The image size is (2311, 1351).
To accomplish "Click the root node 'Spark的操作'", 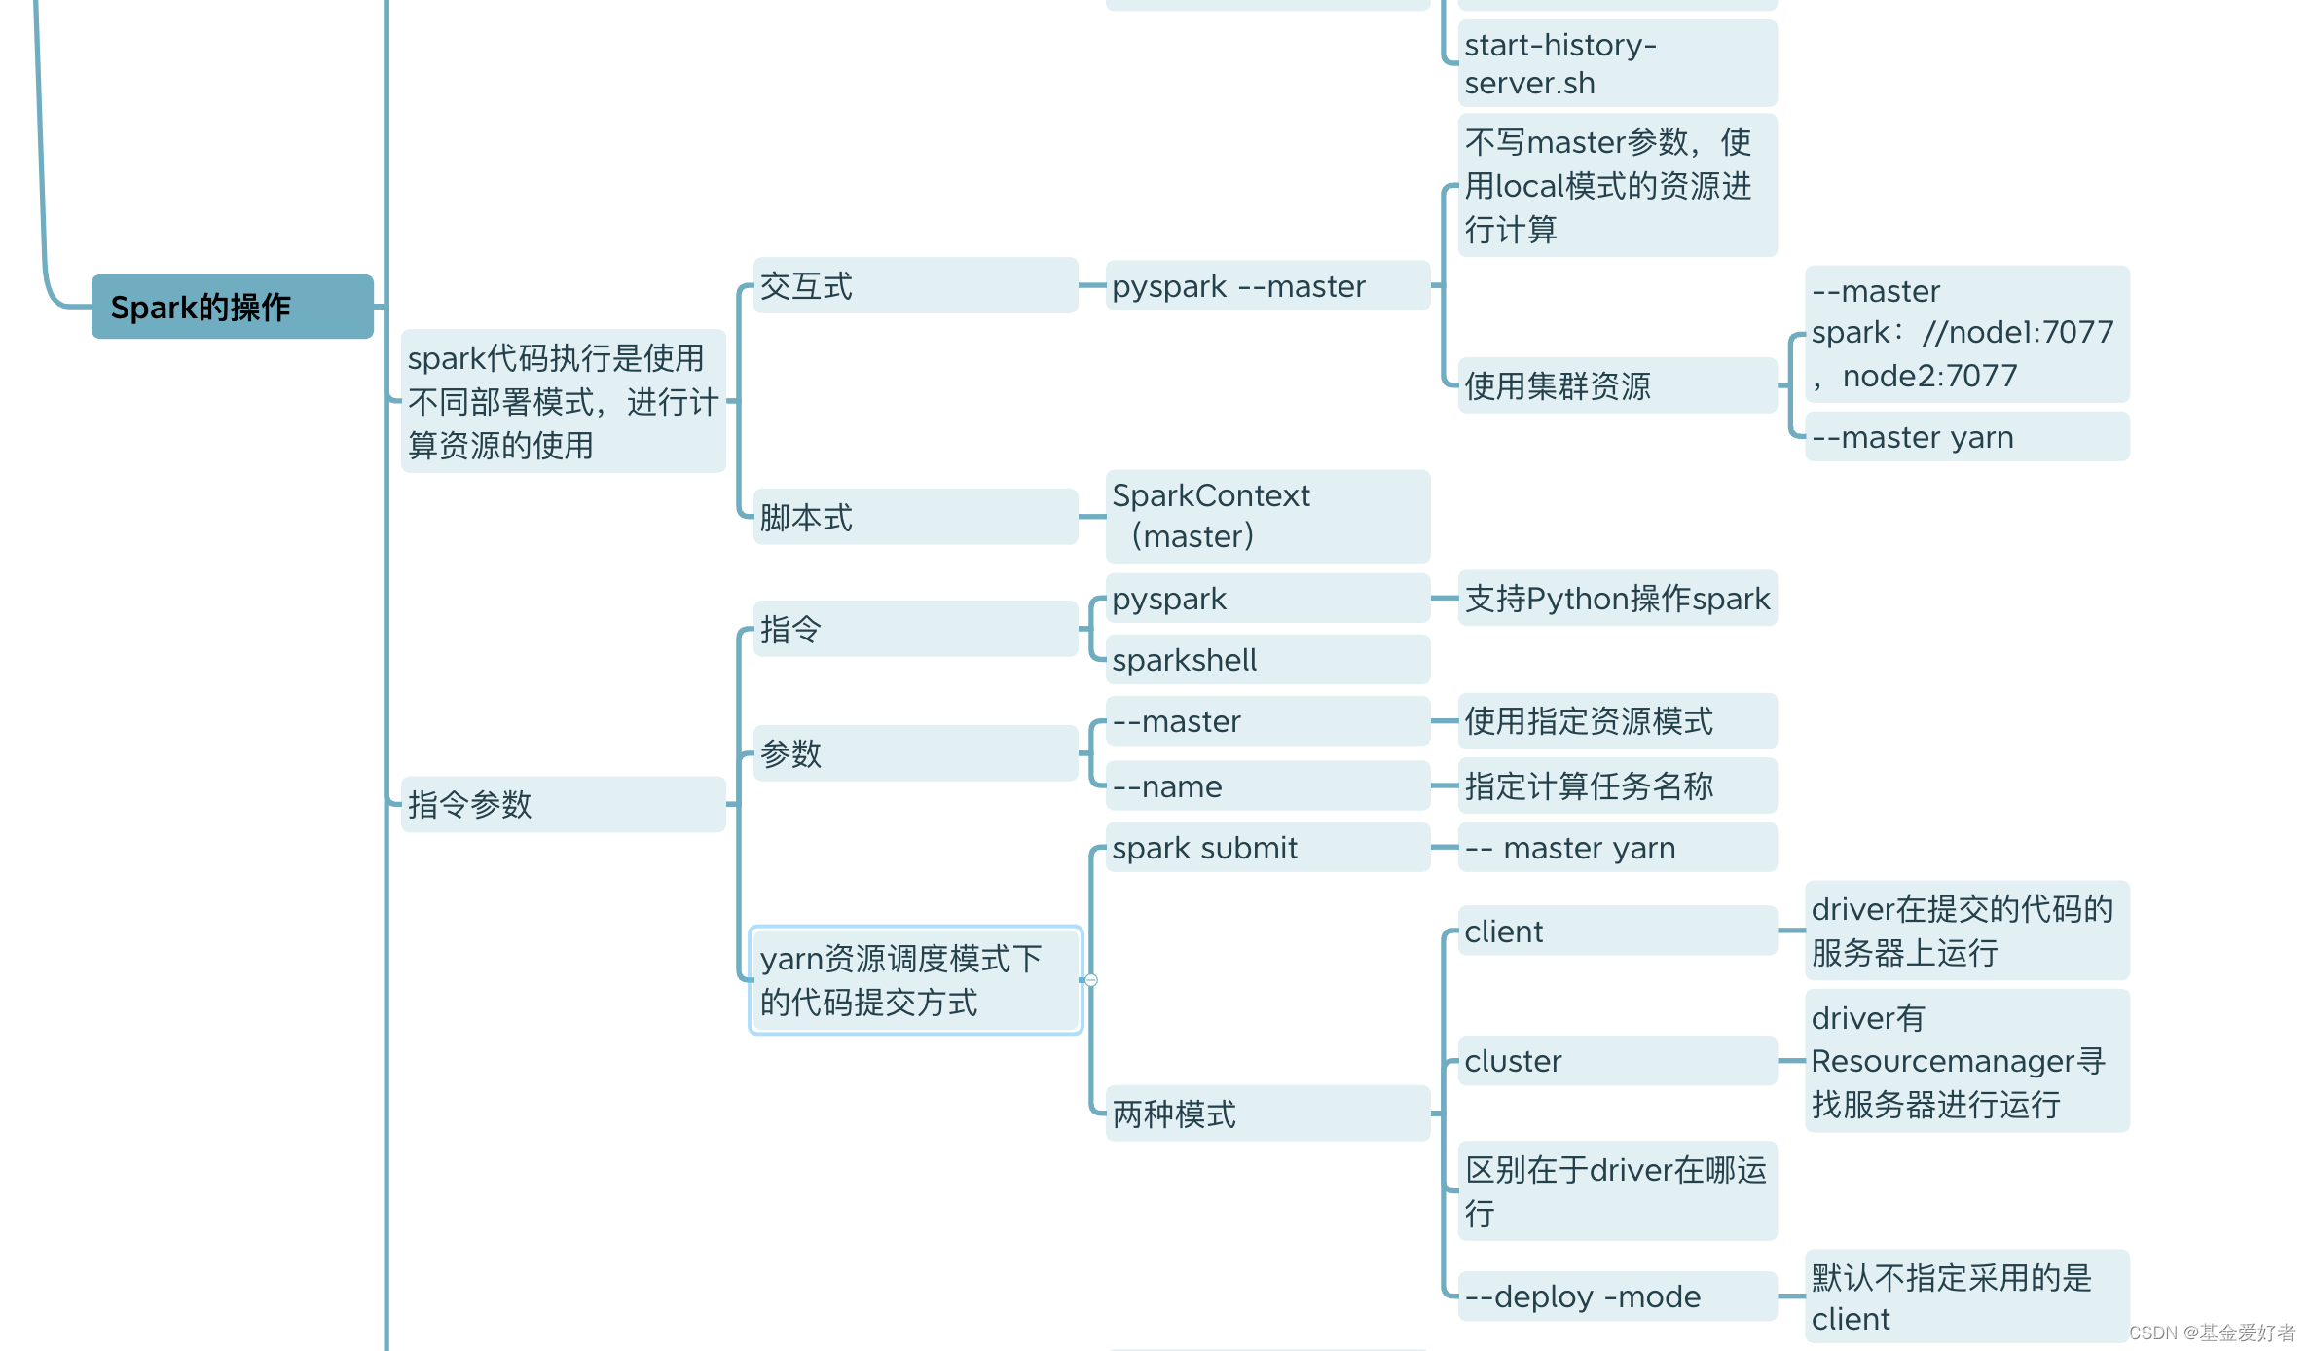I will [x=232, y=307].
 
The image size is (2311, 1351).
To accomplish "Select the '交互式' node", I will [x=915, y=286].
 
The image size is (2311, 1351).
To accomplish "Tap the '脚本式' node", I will [x=915, y=517].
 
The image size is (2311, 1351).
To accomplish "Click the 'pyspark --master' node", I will [x=1267, y=286].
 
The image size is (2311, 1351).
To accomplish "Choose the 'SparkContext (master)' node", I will [x=1267, y=516].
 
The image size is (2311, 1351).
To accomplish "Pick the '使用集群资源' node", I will [x=1617, y=385].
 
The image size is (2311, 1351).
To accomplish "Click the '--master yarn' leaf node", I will [x=1966, y=437].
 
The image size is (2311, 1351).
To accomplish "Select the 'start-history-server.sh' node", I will [x=1617, y=64].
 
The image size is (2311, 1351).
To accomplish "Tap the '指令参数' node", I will [x=563, y=804].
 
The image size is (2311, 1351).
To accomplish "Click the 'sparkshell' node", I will [x=1267, y=660].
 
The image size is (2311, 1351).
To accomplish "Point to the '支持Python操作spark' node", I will [x=1617, y=598].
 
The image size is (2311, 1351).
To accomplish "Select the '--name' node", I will [x=1267, y=785].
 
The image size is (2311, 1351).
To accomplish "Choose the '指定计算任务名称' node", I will [x=1617, y=785].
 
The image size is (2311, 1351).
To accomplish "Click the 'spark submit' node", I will [x=1267, y=848].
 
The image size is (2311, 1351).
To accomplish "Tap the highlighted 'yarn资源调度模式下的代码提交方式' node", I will [x=915, y=980].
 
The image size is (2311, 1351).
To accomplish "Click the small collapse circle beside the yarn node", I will [x=1091, y=980].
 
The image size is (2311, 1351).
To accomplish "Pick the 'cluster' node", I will [x=1617, y=1060].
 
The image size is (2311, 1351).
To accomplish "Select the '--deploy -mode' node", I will [x=1617, y=1296].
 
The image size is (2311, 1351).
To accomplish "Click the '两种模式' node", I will [x=1267, y=1114].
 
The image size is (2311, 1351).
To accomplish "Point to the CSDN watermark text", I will [x=2212, y=1333].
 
